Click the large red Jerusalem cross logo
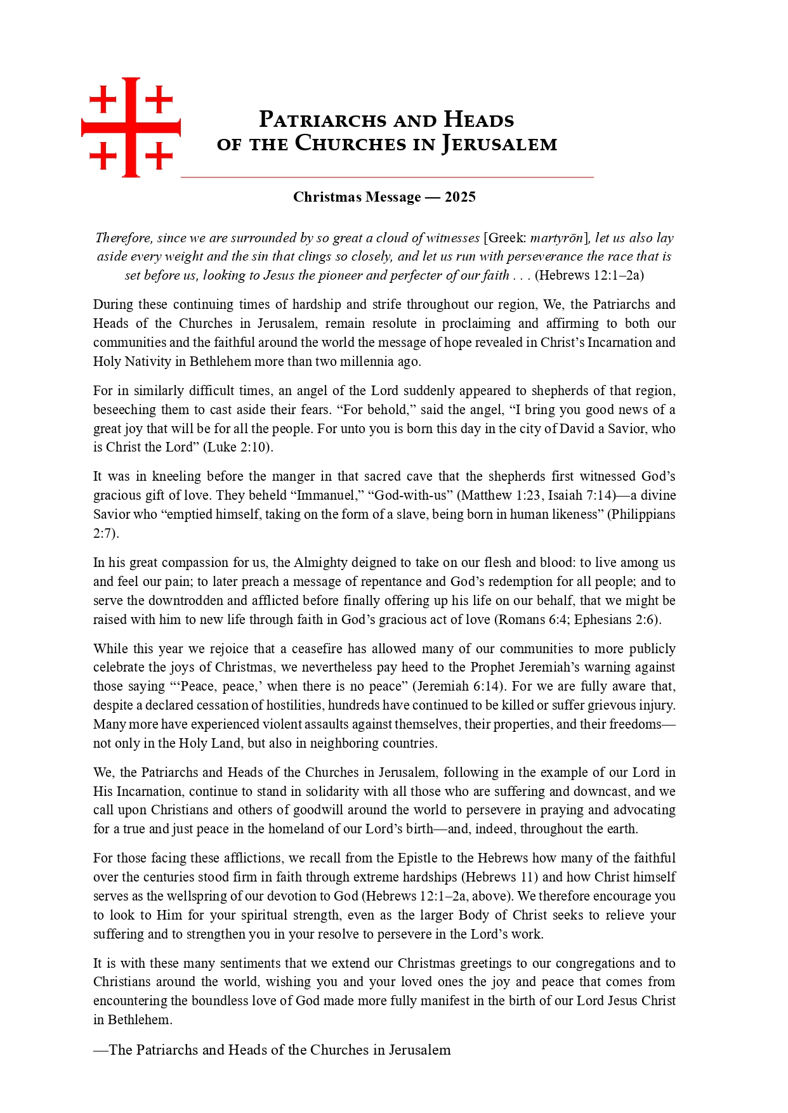pyautogui.click(x=131, y=127)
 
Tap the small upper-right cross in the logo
pyautogui.click(x=159, y=99)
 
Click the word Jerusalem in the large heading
pyautogui.click(x=499, y=144)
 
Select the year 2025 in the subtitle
pyautogui.click(x=460, y=197)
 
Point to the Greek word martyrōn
pyautogui.click(x=556, y=238)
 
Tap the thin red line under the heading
pyautogui.click(x=387, y=178)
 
